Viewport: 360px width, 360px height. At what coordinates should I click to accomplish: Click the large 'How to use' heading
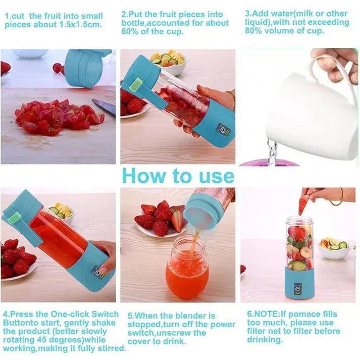(x=178, y=176)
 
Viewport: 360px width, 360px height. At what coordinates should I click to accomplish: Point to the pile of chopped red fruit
(x=56, y=117)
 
